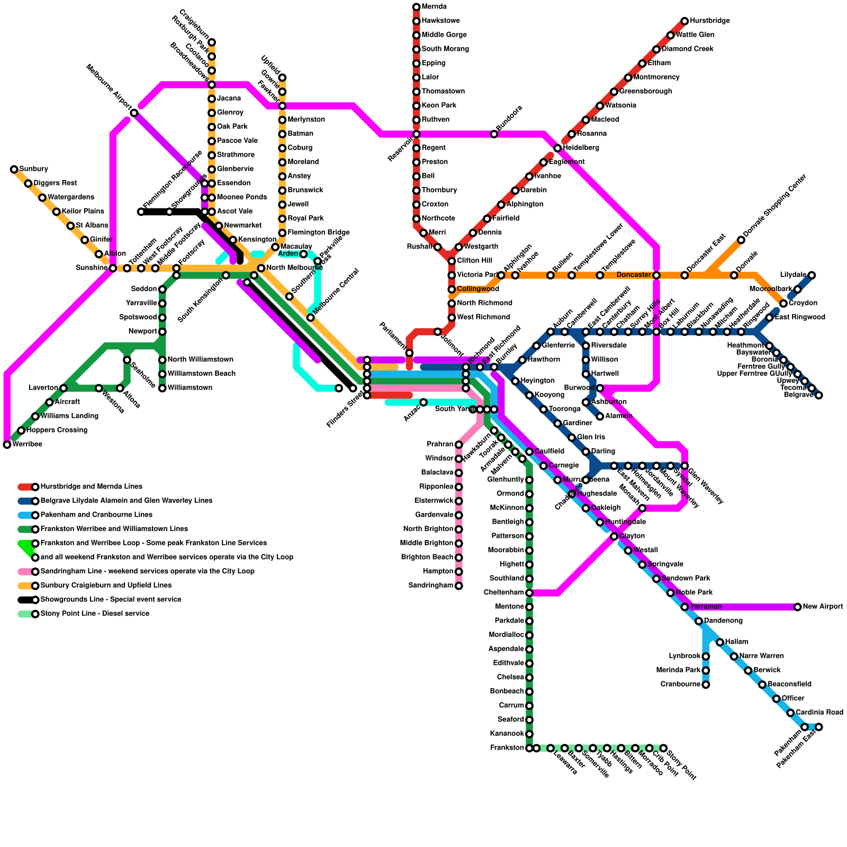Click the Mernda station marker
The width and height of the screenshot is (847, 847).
[x=417, y=7]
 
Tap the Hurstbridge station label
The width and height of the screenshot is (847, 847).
[x=709, y=21]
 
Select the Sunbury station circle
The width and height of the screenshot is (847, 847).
[x=14, y=169]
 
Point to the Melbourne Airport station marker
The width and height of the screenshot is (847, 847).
[x=134, y=113]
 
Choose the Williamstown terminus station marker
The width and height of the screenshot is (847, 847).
[x=163, y=388]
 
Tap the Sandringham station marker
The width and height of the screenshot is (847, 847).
[x=459, y=585]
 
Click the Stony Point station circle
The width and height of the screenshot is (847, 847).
[x=663, y=748]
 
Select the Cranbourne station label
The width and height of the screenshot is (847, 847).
[x=680, y=684]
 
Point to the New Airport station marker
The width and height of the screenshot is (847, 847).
[x=798, y=607]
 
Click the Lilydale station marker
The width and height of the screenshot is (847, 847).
[x=812, y=275]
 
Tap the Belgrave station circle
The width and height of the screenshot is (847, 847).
[x=819, y=395]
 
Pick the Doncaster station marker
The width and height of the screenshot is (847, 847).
[x=656, y=275]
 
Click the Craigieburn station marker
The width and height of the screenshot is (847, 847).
[x=212, y=42]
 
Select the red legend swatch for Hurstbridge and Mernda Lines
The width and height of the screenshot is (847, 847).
[x=25, y=487]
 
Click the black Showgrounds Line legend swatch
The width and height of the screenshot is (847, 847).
[x=25, y=600]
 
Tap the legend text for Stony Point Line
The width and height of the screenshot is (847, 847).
[x=95, y=614]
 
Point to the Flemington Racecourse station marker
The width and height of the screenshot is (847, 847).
[x=141, y=212]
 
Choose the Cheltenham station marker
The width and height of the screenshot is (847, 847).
[x=529, y=593]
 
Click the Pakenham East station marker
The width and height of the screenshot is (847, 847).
[x=819, y=727]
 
